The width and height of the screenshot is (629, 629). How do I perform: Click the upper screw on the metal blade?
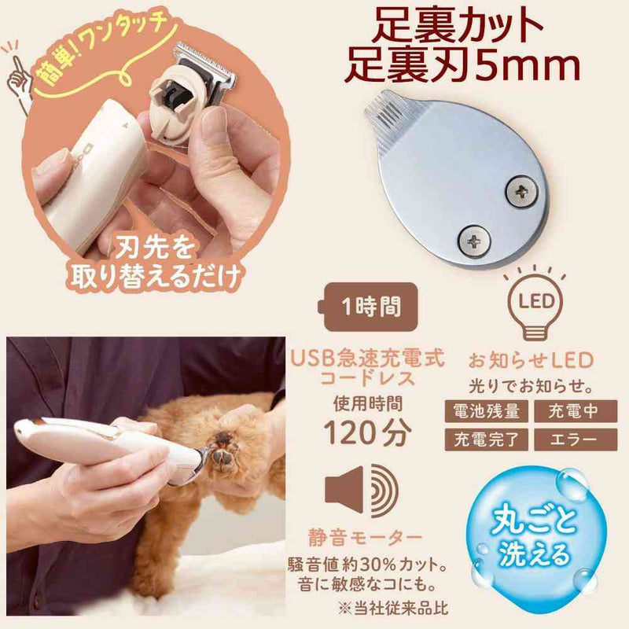[521, 193]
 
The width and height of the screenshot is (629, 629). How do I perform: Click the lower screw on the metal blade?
[474, 241]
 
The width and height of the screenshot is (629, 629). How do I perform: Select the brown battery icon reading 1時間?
[367, 307]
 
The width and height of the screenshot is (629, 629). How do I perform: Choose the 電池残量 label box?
[486, 411]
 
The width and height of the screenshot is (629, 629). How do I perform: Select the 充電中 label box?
[576, 411]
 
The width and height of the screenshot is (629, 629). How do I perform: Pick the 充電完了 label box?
[486, 440]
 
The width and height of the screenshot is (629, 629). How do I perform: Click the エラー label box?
[576, 440]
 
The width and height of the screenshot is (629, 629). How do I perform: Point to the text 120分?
[367, 433]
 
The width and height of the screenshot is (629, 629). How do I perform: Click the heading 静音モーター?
[365, 538]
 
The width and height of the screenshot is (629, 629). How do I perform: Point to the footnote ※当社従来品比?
[392, 608]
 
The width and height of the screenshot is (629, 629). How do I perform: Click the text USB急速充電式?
[367, 358]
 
